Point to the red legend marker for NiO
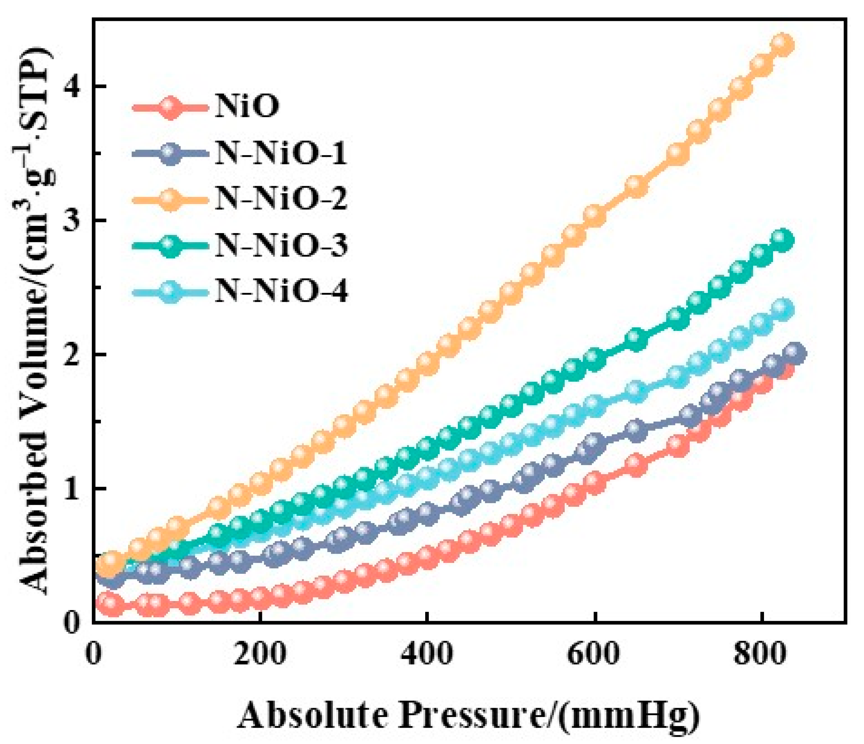coord(169,107)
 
